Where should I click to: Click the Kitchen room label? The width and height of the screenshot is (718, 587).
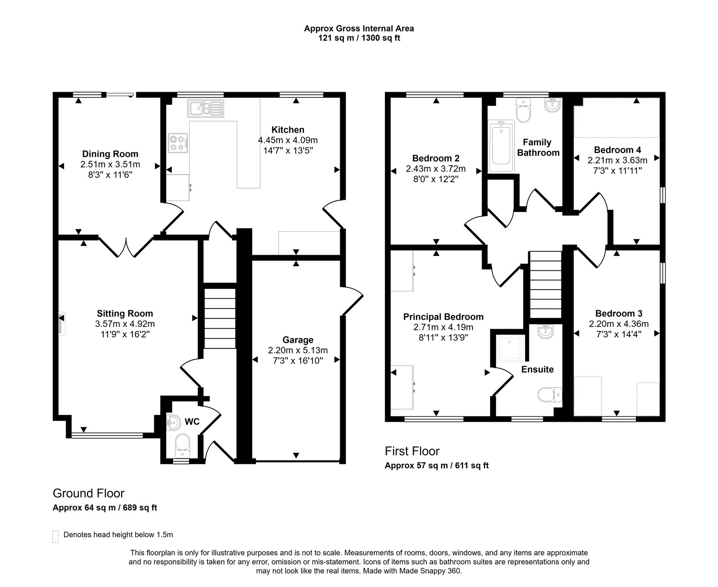pos(288,130)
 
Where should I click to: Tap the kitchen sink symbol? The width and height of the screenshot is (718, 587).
pos(206,108)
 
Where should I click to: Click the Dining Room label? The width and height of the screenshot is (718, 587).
pos(110,154)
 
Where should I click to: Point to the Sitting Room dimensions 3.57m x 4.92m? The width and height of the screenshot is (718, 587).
pos(125,324)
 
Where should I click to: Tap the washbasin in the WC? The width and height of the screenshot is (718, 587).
pos(174,423)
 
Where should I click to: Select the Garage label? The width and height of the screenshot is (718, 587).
pos(298,340)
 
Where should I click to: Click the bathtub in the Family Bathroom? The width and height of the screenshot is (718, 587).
pos(501,146)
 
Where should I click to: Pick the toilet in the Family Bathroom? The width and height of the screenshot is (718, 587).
pos(523,110)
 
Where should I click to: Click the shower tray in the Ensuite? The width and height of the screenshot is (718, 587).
pos(510,348)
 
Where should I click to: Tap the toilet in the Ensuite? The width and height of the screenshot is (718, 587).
pos(549,394)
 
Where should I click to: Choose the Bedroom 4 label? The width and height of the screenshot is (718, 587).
pos(617,150)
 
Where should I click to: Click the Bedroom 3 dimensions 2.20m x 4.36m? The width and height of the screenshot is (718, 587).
pos(619,324)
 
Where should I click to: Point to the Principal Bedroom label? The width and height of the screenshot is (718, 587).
pos(443,317)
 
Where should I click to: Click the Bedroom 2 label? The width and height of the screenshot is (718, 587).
pos(436,159)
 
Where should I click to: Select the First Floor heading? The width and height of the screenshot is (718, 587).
pos(412,451)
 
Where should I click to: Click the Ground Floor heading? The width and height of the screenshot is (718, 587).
pos(88,493)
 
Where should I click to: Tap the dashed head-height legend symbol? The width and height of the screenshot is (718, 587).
pos(56,537)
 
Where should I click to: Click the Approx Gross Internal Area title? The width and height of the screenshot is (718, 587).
pos(359,29)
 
